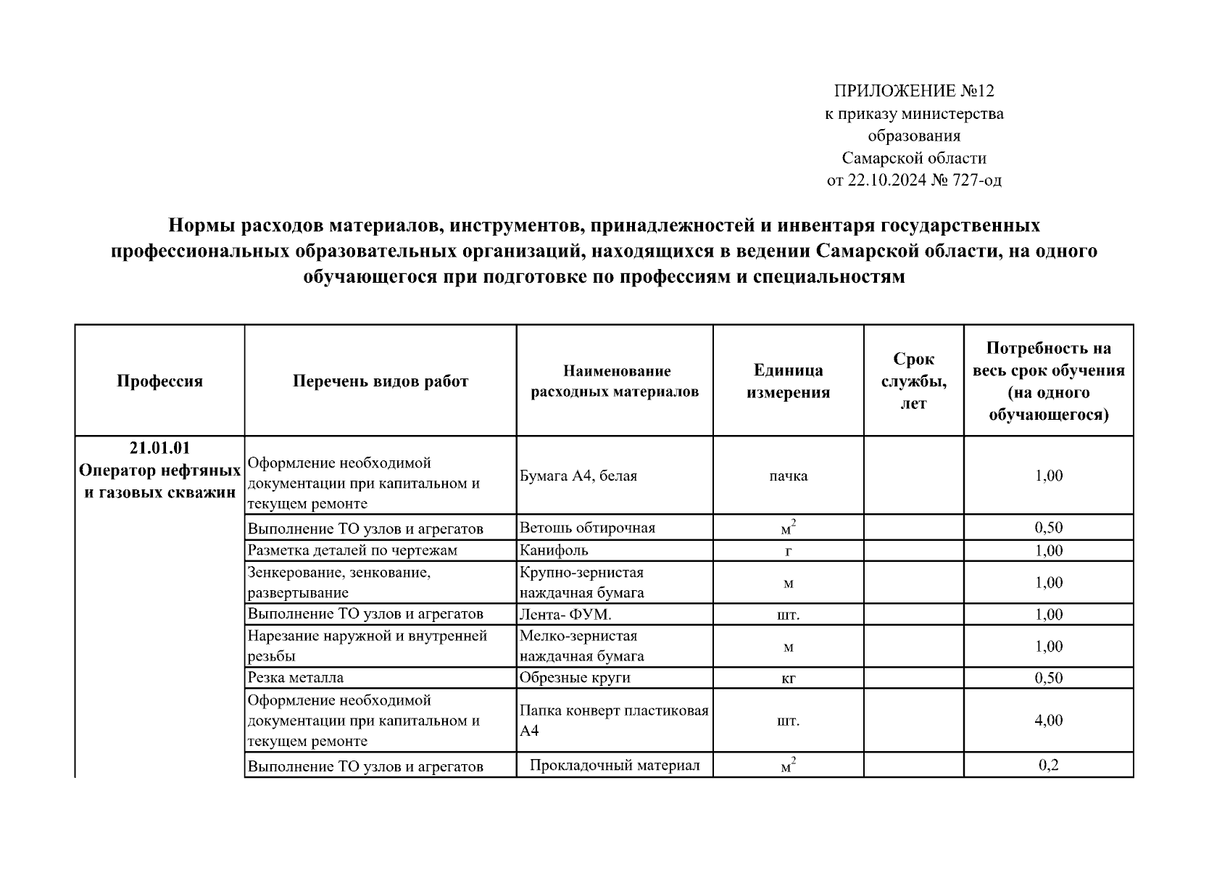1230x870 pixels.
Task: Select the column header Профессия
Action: coord(159,381)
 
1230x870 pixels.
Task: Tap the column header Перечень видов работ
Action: coord(381,381)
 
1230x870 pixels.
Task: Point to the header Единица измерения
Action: coord(788,381)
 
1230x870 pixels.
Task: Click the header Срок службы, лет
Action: coord(913,381)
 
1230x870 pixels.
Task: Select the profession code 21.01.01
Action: coord(159,448)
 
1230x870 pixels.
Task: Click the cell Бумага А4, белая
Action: coord(578,476)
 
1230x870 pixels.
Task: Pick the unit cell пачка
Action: coord(788,476)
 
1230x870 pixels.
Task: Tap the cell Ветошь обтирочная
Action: coord(587,528)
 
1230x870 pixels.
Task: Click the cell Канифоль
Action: coord(554,550)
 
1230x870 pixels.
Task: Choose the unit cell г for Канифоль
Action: coord(788,551)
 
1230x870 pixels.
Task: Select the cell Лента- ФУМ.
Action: coord(565,614)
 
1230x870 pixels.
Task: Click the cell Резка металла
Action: coord(295,678)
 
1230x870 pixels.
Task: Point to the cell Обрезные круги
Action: coord(575,678)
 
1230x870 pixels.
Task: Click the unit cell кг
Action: coord(788,679)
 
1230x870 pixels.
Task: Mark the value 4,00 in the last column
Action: coord(1048,721)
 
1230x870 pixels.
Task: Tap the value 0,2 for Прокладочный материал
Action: coord(1048,766)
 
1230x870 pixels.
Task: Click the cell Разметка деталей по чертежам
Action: coord(352,550)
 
